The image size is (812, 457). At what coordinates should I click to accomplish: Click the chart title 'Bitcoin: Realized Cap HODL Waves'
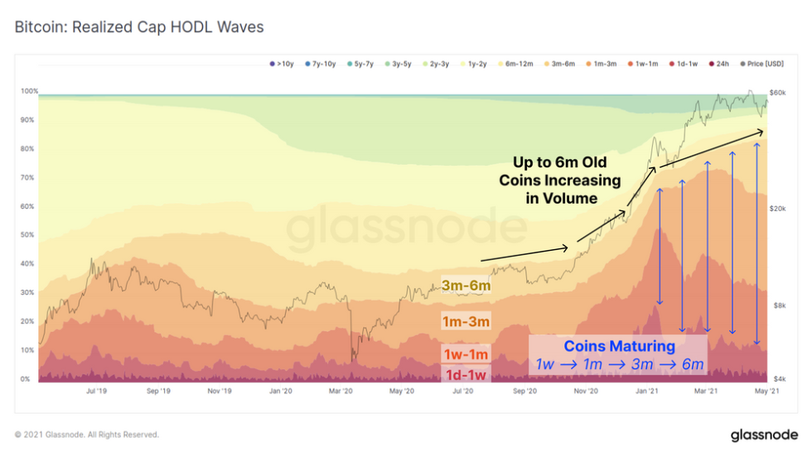[x=139, y=27]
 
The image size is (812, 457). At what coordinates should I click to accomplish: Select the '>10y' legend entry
[x=282, y=63]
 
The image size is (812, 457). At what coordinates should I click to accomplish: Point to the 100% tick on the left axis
[x=29, y=91]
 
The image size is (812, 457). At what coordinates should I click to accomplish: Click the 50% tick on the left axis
[x=29, y=235]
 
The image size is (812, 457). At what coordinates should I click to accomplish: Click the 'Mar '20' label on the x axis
[x=341, y=391]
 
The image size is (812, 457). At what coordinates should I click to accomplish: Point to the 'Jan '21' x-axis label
[x=647, y=391]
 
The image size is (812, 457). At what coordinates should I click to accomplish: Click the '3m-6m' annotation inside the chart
[x=466, y=286]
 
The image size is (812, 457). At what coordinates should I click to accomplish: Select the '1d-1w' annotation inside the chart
[x=466, y=375]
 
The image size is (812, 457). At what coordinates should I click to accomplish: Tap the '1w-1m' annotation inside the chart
[x=466, y=355]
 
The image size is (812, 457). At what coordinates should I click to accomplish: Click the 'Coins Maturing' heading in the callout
[x=619, y=346]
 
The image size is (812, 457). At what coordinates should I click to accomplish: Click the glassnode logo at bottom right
[x=763, y=435]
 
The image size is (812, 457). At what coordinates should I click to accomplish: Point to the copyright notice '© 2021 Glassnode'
[x=86, y=435]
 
